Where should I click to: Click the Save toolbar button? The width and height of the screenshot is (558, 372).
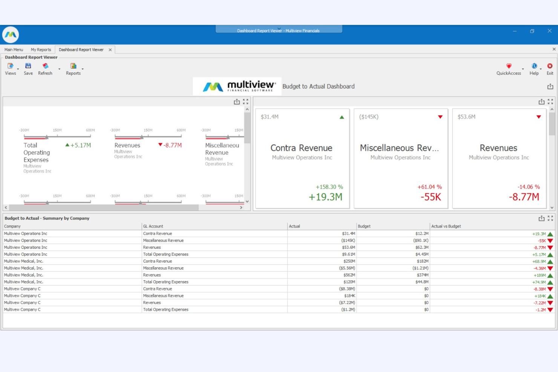(28, 69)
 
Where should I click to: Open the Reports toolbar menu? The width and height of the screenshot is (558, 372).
(73, 69)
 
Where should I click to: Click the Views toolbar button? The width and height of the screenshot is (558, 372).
(11, 69)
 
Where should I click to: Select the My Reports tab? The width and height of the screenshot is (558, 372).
(41, 50)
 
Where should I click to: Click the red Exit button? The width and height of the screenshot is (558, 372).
(550, 69)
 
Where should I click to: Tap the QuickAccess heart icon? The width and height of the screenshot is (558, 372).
(509, 66)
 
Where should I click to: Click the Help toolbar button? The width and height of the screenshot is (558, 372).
(534, 69)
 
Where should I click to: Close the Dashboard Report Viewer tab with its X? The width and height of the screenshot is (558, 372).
(110, 50)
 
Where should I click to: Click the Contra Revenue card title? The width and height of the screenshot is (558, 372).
(301, 148)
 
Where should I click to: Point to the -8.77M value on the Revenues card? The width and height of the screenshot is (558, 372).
(524, 197)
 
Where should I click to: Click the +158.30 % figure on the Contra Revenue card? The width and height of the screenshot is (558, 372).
(329, 187)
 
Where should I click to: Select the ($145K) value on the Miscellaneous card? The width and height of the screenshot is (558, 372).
(369, 117)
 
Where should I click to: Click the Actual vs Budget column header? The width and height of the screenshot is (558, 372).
(446, 226)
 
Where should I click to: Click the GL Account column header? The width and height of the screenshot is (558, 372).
(153, 226)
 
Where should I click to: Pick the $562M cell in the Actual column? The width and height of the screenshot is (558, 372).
(349, 275)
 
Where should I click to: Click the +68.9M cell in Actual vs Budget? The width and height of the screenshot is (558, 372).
(539, 262)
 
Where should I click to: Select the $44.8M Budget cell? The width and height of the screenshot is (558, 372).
(422, 282)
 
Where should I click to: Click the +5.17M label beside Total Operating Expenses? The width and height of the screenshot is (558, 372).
(80, 145)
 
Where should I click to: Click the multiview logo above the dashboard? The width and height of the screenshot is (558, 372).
(237, 86)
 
